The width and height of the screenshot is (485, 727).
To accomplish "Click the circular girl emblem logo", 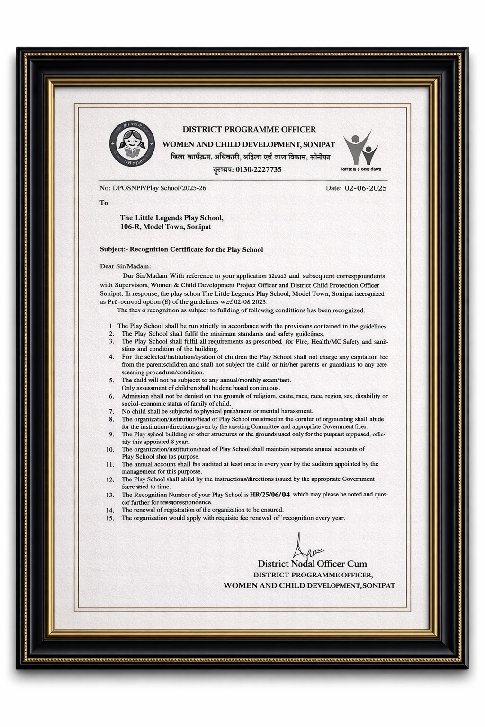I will [132, 143].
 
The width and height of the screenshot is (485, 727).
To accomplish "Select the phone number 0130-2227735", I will [258, 169].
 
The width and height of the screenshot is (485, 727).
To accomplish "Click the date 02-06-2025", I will [365, 188].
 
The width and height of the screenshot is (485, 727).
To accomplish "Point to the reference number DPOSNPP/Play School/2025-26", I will [159, 188].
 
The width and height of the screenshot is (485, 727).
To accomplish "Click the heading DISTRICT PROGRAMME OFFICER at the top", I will [249, 129].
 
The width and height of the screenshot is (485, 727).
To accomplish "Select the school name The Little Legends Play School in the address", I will [171, 218].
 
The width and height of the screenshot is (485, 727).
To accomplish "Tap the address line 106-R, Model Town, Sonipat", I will [165, 227].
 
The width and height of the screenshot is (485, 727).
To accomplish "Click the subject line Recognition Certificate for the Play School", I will [196, 249].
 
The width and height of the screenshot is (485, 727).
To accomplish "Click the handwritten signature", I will [306, 547].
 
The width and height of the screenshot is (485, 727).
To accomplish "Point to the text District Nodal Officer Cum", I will [312, 563].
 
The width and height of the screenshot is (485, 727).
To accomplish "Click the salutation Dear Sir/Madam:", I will [125, 266].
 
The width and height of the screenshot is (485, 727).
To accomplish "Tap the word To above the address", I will [104, 203].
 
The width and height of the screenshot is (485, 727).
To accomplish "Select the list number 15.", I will [110, 518].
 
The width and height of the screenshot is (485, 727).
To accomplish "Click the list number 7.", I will [111, 411].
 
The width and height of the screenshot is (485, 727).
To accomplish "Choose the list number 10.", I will [110, 449].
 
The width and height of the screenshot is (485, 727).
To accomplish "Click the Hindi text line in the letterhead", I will [251, 157].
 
